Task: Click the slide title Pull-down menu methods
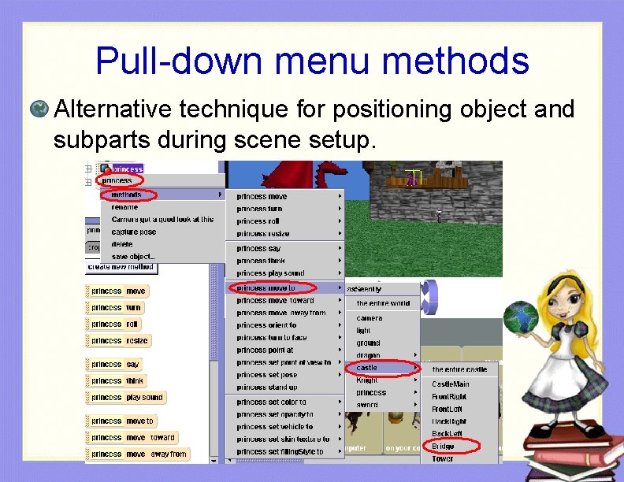click(312, 61)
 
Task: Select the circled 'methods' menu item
click(127, 195)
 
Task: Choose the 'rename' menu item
click(124, 207)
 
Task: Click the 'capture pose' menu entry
click(134, 232)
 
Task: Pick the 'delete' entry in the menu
click(122, 244)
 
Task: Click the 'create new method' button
click(121, 268)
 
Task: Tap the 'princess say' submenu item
click(258, 248)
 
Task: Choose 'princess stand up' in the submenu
click(267, 387)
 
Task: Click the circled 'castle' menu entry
click(367, 368)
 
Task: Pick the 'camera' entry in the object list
click(370, 318)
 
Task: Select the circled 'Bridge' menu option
click(443, 447)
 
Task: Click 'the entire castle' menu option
click(459, 369)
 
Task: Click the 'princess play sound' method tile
click(126, 398)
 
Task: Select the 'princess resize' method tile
click(119, 341)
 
